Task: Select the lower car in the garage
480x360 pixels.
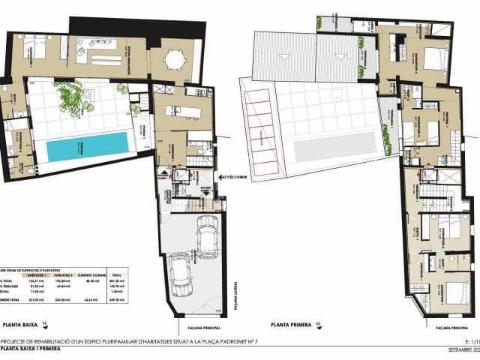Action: (x=180, y=275)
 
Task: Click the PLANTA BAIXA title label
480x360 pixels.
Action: (x=22, y=324)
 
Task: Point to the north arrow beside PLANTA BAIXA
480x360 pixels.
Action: (x=44, y=324)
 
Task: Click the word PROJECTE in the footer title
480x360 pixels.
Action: (x=16, y=340)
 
